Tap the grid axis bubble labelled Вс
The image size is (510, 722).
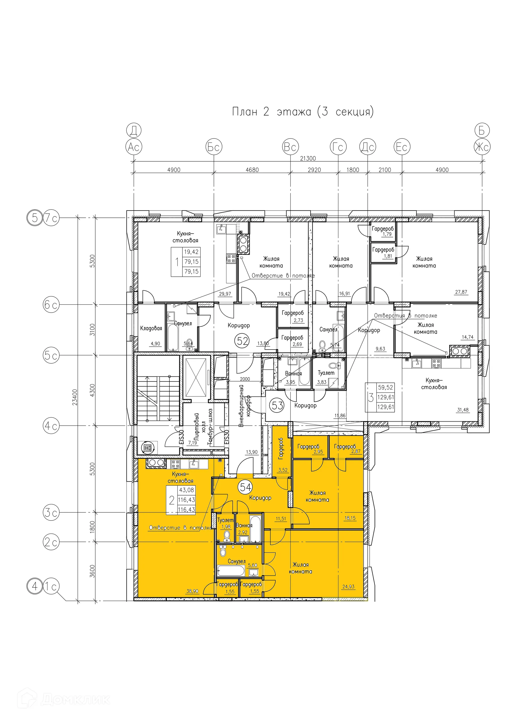coord(290,147)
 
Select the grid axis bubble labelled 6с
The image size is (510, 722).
coord(51,305)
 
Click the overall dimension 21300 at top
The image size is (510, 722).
coord(308,158)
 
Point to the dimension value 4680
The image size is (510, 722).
coord(252,170)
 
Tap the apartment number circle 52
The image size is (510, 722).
coord(243,341)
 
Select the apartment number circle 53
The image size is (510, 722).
coord(278,406)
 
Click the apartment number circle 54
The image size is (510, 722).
coord(246,487)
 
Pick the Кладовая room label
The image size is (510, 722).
coord(151,328)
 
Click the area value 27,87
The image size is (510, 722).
coord(461,292)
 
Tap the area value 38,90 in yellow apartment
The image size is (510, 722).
coord(192,591)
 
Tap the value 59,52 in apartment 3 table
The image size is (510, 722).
coord(386,387)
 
